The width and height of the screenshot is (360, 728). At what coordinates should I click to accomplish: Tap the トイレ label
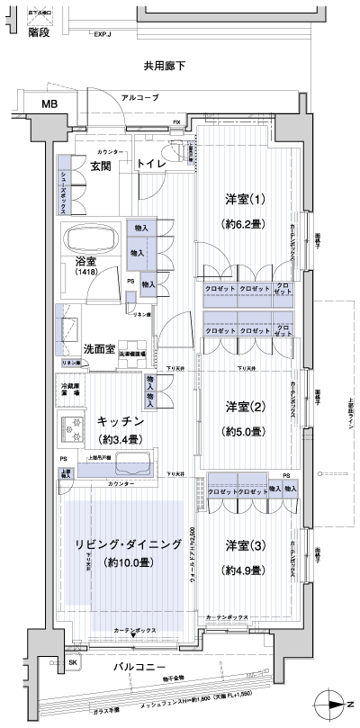[x=150, y=165]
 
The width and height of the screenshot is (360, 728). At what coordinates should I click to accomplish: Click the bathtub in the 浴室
[x=91, y=241]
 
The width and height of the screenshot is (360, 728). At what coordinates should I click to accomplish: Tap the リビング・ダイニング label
[x=125, y=544]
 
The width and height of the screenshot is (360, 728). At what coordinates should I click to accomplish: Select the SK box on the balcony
[x=73, y=663]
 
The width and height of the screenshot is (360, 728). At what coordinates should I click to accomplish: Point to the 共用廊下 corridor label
[x=164, y=66]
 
